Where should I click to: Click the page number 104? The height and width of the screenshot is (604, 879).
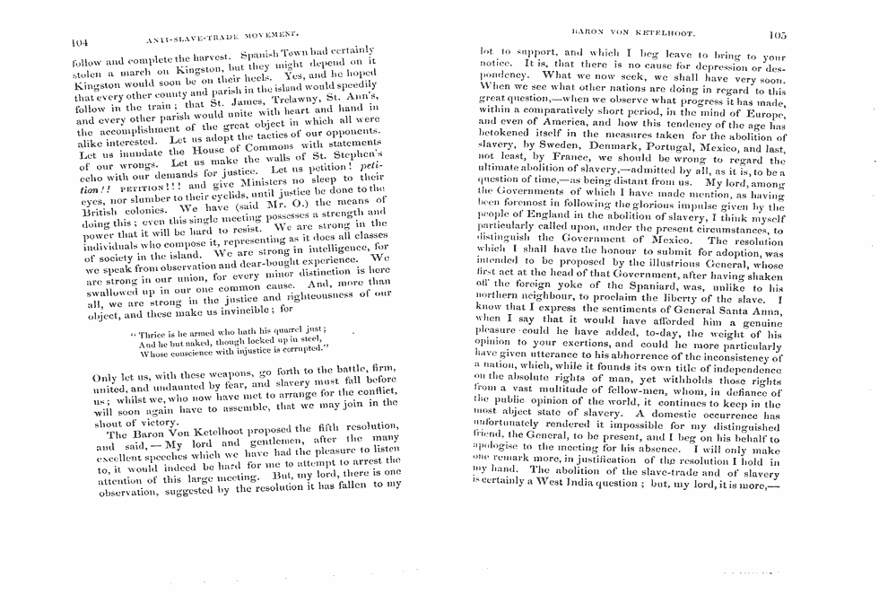(x=80, y=40)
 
